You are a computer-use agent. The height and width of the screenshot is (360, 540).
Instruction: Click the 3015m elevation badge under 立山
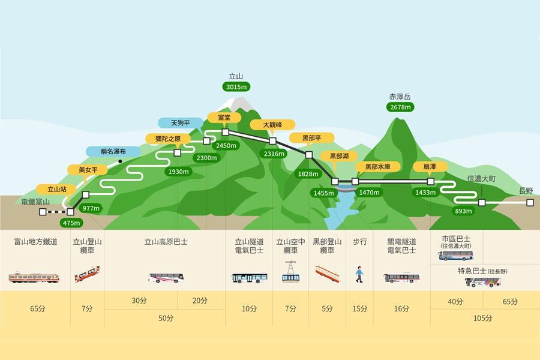point(236,87)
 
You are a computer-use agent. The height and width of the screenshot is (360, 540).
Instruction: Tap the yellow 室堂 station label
point(224,118)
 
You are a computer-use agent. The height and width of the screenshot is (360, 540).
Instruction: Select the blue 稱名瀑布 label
point(113,151)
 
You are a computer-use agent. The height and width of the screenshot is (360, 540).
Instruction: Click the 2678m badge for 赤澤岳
point(400,107)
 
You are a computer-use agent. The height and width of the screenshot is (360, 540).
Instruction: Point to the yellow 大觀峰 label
point(272,125)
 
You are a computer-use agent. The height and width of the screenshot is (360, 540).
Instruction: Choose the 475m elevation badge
point(71,223)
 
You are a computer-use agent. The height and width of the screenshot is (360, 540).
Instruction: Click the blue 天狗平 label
point(181,123)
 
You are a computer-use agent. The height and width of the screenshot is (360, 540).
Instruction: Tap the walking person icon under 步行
point(359,274)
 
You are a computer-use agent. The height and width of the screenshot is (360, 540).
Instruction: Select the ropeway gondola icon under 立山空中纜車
point(290,272)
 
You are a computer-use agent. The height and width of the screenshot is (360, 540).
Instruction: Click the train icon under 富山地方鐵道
point(34,277)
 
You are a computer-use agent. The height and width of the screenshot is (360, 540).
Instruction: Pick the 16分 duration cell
point(401,308)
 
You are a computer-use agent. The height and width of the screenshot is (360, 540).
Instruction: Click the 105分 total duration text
point(482,319)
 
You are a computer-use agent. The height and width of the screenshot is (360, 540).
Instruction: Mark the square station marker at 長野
point(530,203)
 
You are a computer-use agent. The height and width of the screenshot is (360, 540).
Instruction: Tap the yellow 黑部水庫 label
point(377,167)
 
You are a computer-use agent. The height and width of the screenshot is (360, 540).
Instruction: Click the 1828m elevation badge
point(308,174)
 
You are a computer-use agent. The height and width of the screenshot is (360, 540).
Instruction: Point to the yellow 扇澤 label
point(430,167)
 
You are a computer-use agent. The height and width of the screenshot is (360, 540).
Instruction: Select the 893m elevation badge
point(463,211)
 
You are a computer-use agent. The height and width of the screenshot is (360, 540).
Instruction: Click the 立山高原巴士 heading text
point(166,242)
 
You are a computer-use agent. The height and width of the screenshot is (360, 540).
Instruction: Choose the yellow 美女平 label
point(88,170)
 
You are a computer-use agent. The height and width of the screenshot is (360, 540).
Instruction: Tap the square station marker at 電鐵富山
point(43,212)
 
